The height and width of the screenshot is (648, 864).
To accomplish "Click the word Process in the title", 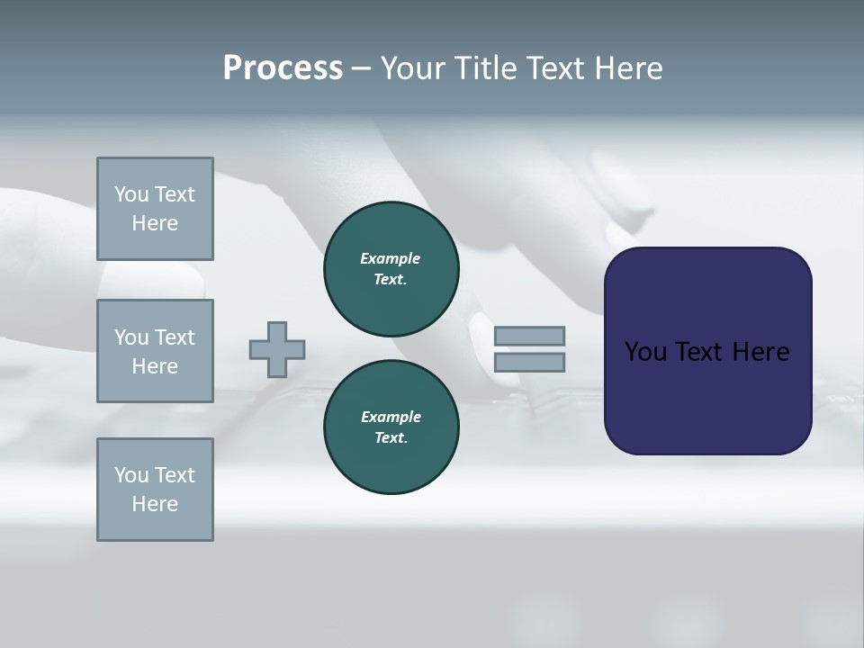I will [x=283, y=68].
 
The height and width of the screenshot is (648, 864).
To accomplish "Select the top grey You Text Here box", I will [x=155, y=209].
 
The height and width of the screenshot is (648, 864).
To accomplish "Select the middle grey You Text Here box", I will [x=155, y=351].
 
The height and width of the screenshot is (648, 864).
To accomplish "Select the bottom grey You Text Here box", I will [x=155, y=490].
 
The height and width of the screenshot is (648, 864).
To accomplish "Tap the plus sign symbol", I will [x=277, y=349].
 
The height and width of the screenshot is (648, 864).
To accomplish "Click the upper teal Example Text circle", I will [x=391, y=269].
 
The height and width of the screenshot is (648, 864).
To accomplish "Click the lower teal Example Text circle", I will [x=391, y=427].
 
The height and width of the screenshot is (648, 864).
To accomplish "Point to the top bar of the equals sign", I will [x=529, y=337].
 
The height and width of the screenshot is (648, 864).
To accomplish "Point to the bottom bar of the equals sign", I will [x=529, y=362].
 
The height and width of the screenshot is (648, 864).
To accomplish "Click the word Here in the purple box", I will [x=760, y=352].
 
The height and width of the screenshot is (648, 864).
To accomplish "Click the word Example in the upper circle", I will [x=391, y=258].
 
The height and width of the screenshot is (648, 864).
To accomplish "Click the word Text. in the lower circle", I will [x=391, y=438].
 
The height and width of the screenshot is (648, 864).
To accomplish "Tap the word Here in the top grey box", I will [x=155, y=223].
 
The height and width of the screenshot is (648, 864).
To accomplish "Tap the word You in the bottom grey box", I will [x=131, y=475].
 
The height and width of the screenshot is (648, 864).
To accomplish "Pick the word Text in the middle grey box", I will [x=175, y=337].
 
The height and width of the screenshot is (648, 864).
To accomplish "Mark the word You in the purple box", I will [x=645, y=352].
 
